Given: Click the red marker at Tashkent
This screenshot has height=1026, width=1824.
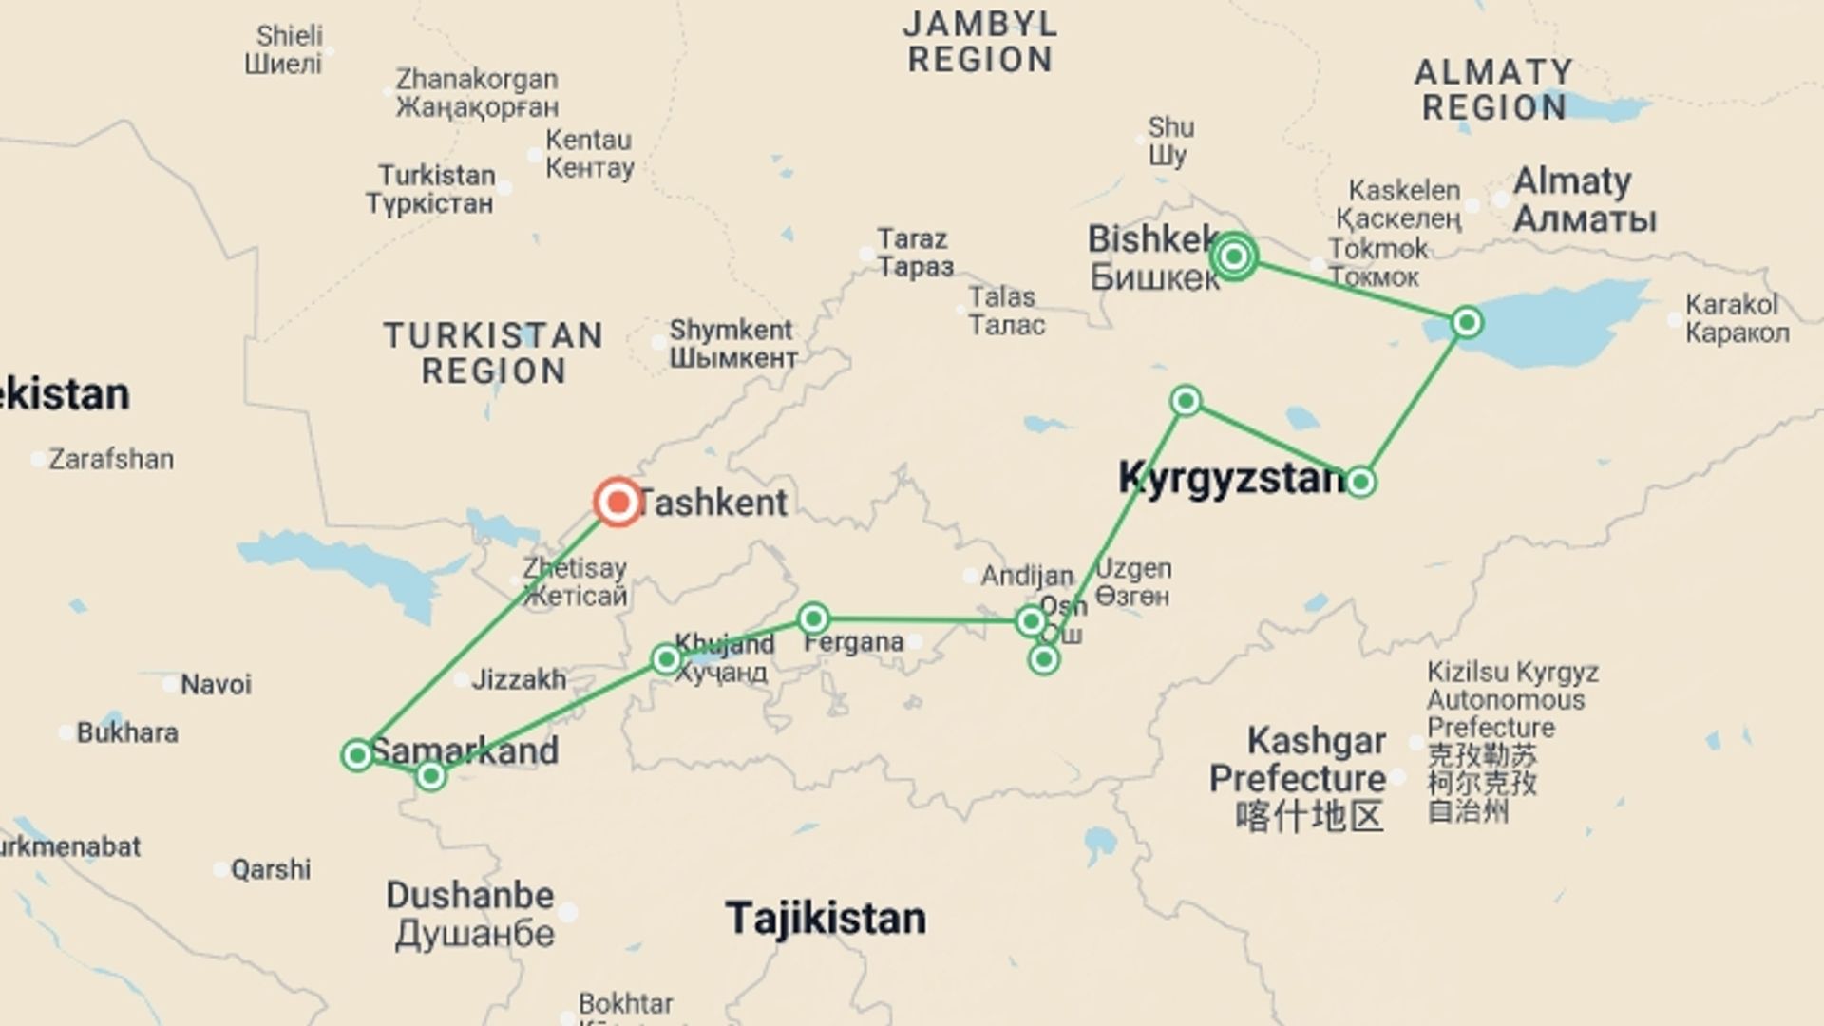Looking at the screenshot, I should [x=617, y=502].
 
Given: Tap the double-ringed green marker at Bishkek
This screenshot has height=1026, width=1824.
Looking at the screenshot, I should [x=1234, y=256].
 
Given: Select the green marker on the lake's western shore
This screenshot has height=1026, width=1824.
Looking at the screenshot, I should [x=1467, y=323].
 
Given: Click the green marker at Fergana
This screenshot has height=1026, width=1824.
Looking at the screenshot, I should [x=813, y=619].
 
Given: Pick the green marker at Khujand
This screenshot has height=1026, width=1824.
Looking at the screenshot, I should [x=666, y=658].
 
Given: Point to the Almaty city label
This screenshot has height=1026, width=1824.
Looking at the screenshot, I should [x=1584, y=199].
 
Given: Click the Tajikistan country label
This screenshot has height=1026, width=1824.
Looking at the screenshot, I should [x=825, y=919].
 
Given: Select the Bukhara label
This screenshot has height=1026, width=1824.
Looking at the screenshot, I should [x=126, y=733].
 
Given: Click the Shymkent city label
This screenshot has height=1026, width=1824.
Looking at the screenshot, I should [x=732, y=344].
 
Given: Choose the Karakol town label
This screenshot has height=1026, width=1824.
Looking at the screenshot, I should [x=1737, y=318].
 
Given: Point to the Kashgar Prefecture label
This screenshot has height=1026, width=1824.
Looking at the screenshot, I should [x=1298, y=760].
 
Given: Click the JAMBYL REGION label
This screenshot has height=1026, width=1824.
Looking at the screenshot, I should [x=980, y=42].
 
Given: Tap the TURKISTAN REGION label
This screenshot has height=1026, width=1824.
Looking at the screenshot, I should [x=493, y=352].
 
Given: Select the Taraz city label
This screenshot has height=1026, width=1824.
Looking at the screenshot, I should [x=914, y=253].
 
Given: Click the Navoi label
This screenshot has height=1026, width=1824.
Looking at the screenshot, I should [x=216, y=685].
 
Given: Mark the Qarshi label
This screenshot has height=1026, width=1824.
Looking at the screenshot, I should [x=271, y=869].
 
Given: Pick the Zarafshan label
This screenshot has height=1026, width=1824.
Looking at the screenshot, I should [x=111, y=460].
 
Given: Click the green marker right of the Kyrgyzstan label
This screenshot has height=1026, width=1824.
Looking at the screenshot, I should [x=1360, y=482].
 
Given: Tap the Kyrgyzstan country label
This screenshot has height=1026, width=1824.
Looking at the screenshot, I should [x=1231, y=478].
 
